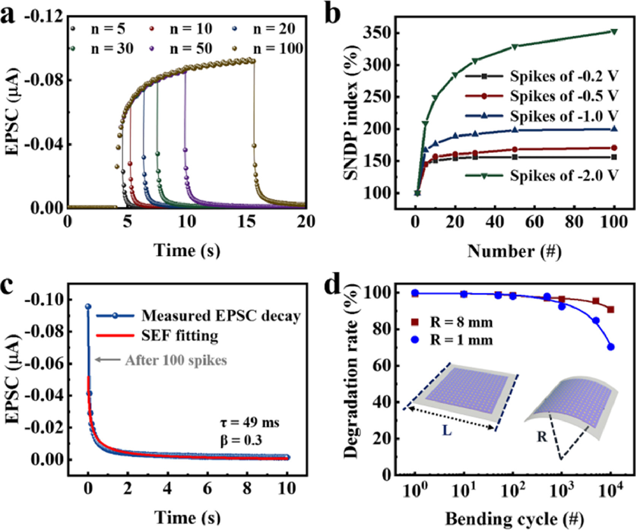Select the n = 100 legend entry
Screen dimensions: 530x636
(x=271, y=49)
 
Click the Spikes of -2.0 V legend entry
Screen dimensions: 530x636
(x=542, y=175)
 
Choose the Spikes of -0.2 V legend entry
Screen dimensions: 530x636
(x=542, y=76)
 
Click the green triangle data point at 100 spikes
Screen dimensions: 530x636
(x=614, y=32)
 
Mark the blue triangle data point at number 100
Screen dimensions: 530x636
(x=614, y=129)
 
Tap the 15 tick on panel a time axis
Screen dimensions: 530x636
(x=247, y=222)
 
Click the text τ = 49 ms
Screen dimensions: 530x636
(x=249, y=422)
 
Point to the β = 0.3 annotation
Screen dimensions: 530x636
(x=241, y=440)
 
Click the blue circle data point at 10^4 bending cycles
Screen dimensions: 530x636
(x=611, y=347)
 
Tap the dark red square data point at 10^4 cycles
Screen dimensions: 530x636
(x=611, y=309)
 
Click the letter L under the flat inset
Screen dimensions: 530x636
(x=447, y=431)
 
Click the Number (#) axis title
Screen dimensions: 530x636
(x=514, y=251)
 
